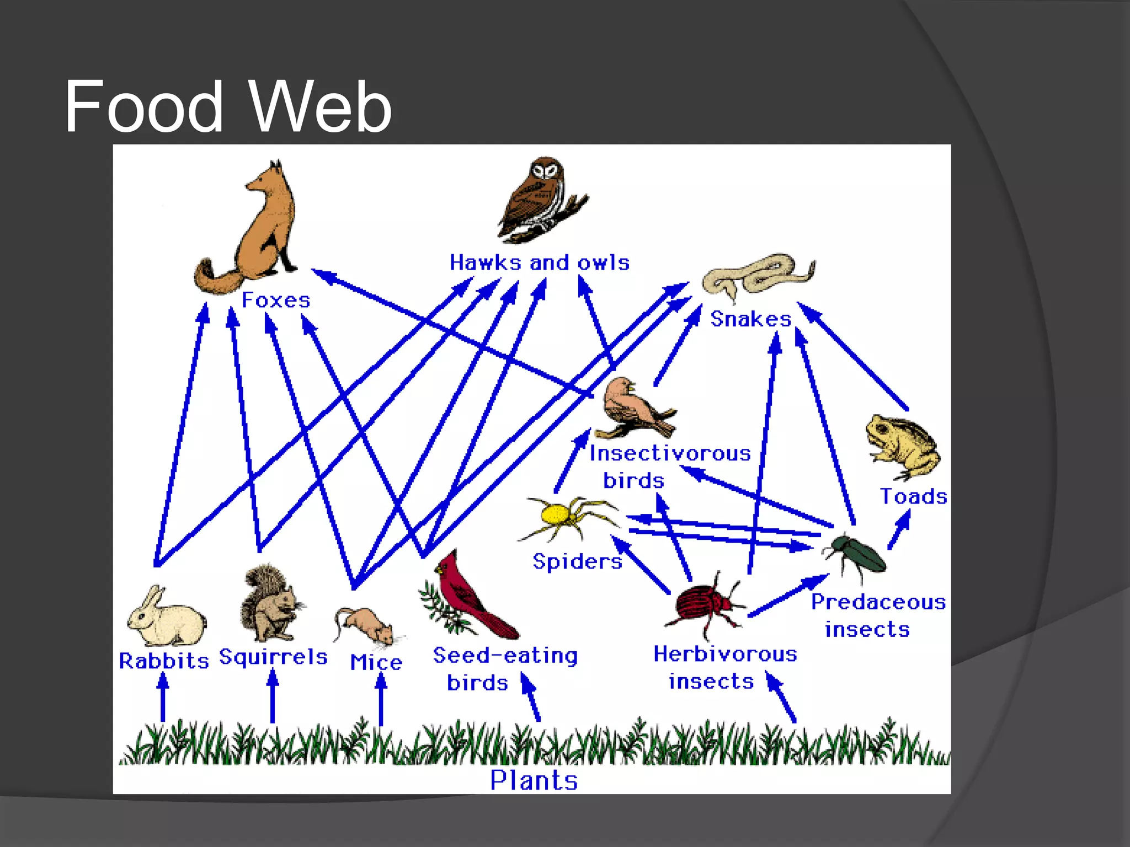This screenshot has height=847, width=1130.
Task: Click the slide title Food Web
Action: (227, 106)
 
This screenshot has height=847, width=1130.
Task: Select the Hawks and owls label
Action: (539, 262)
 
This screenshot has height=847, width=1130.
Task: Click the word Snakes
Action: (750, 319)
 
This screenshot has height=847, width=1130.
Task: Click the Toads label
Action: (913, 496)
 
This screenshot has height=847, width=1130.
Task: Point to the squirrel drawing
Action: (270, 604)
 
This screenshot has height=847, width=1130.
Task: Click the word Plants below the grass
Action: (534, 780)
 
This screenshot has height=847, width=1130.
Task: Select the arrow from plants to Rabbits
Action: (162, 698)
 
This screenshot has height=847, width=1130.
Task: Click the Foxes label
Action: (276, 300)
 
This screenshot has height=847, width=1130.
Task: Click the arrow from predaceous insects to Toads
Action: (899, 529)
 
